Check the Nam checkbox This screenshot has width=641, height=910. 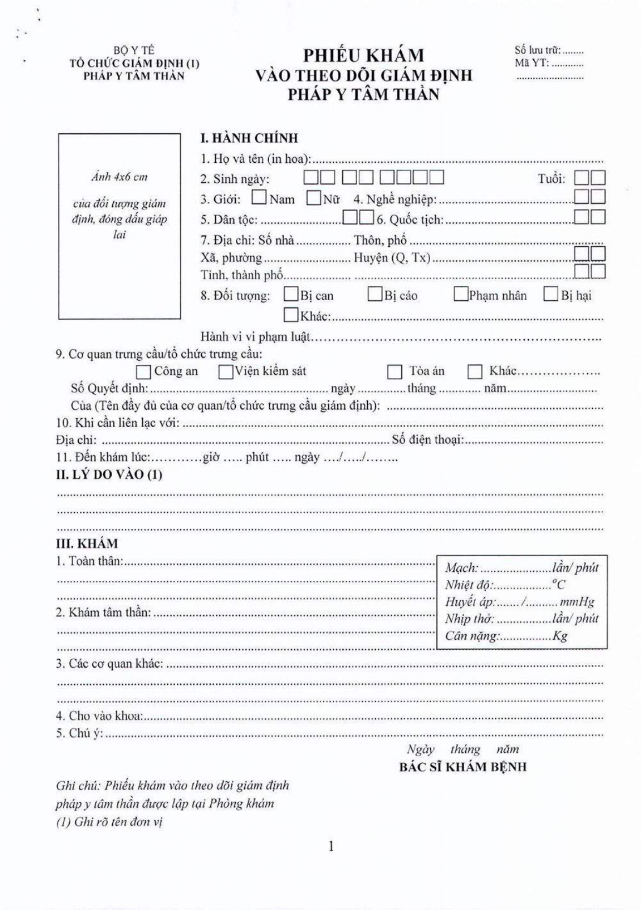(x=260, y=197)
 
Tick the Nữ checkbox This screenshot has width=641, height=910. (x=313, y=198)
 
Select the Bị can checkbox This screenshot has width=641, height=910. (x=291, y=294)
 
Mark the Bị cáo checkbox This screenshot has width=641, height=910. (x=375, y=294)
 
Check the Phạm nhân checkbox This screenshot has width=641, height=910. (x=460, y=294)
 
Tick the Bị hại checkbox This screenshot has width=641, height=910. (x=551, y=294)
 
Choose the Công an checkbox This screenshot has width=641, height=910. (x=144, y=372)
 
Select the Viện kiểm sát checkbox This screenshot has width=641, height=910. (x=226, y=372)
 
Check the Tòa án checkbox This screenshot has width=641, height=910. (x=394, y=372)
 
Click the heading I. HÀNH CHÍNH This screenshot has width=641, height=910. (x=249, y=138)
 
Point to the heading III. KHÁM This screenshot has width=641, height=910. (x=87, y=543)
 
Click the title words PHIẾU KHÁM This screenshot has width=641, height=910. (x=363, y=56)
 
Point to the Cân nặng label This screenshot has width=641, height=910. (x=471, y=635)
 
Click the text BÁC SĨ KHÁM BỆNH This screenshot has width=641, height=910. (x=462, y=767)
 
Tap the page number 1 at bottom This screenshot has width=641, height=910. (x=331, y=847)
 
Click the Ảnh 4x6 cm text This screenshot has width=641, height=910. (x=119, y=176)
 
